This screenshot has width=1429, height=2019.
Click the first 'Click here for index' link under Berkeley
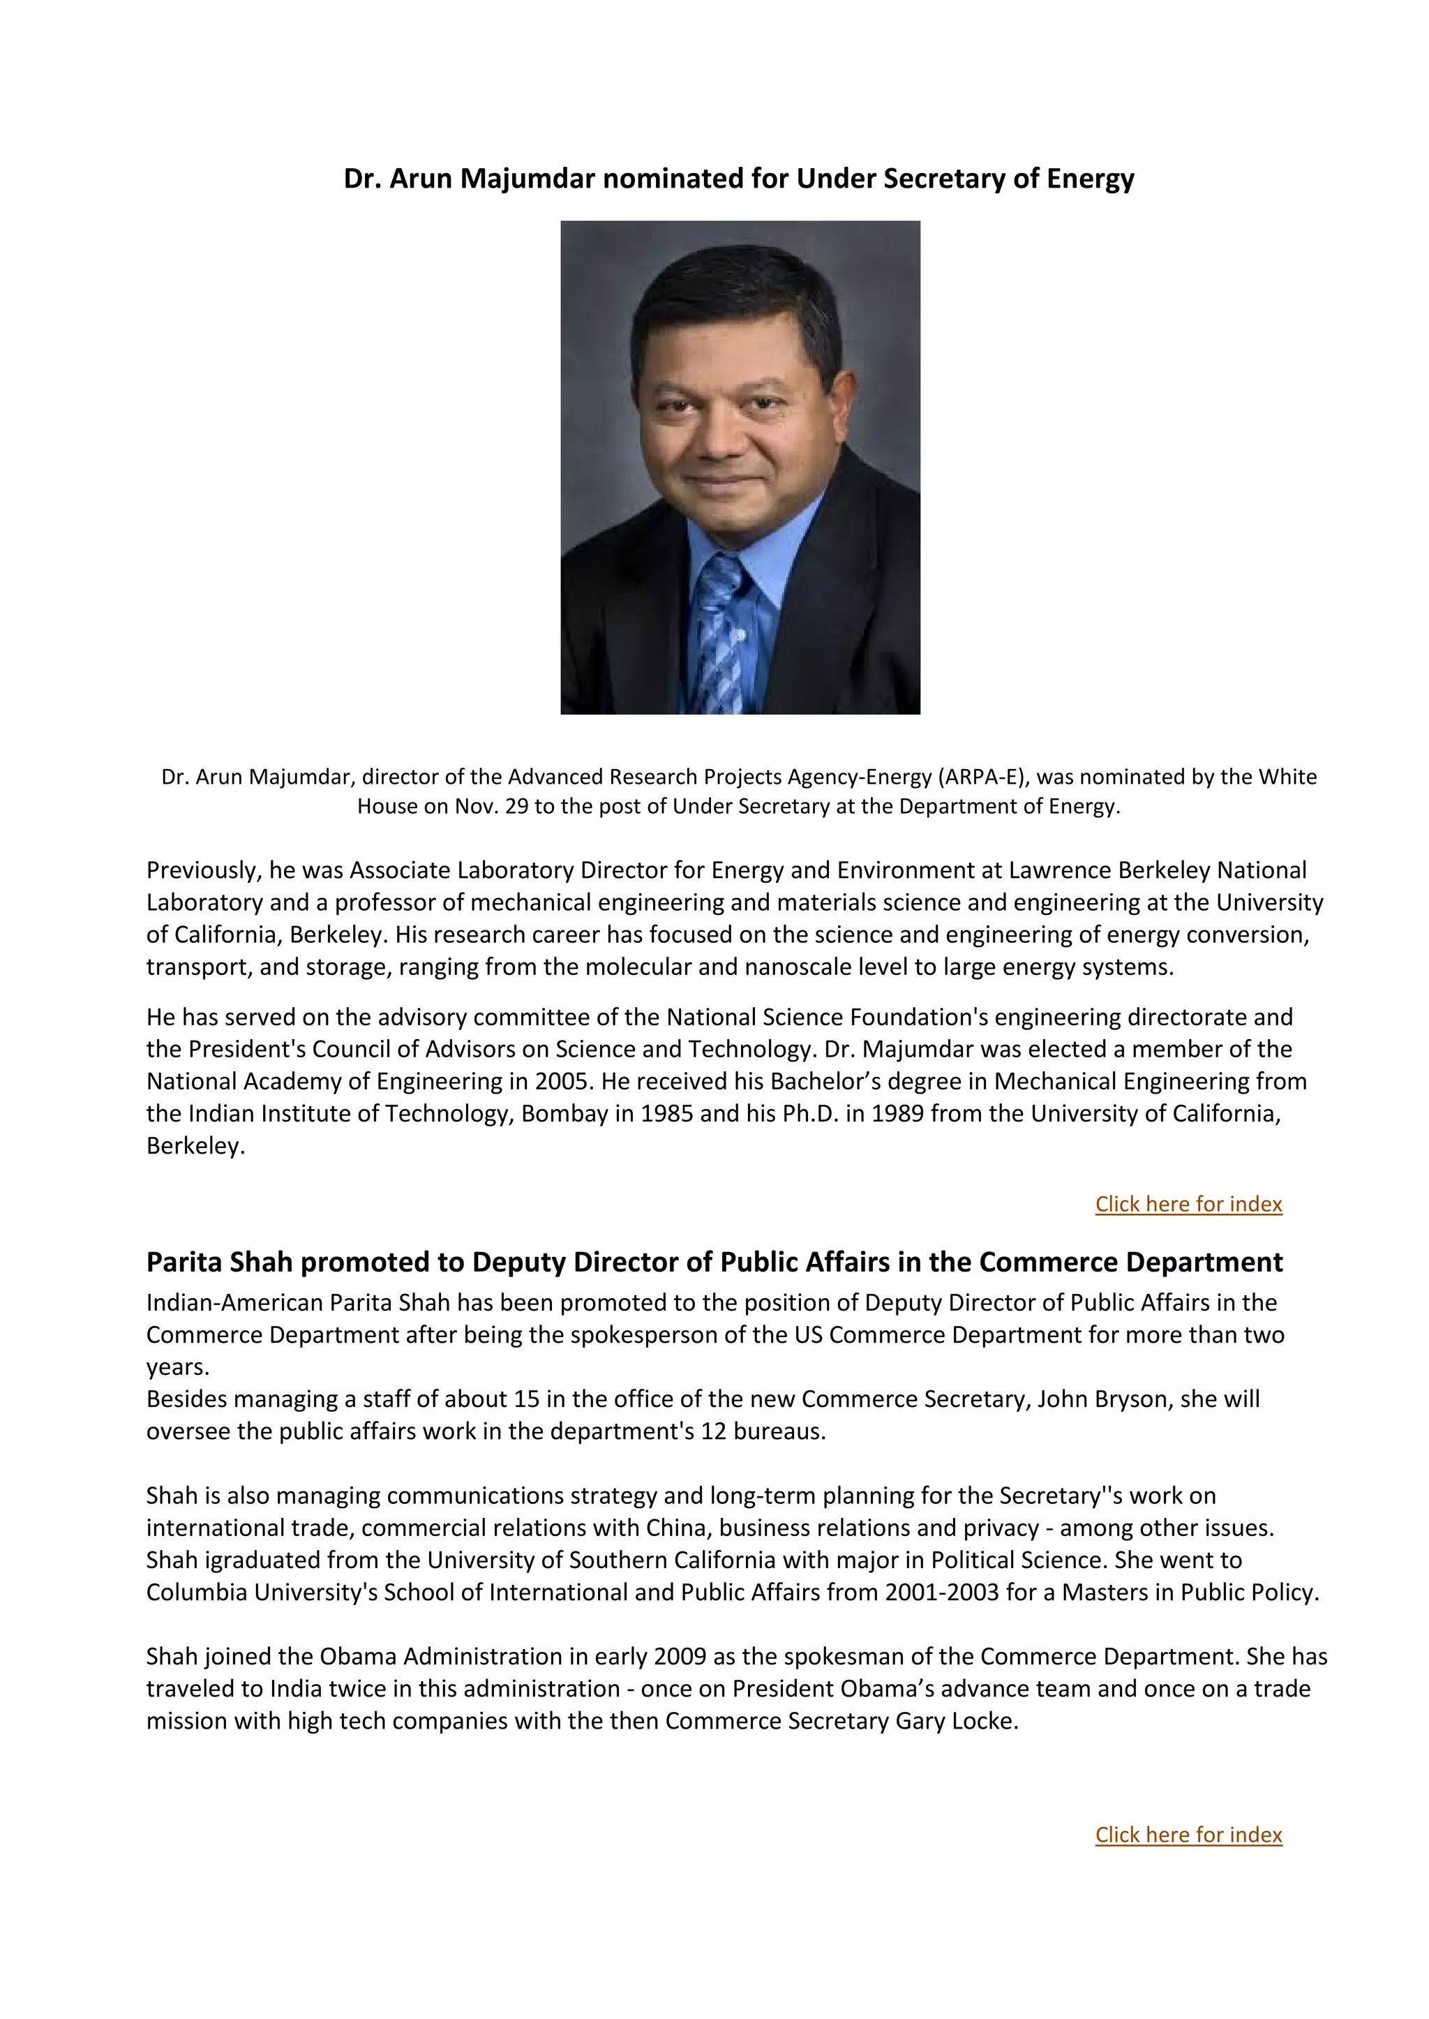coord(1188,1204)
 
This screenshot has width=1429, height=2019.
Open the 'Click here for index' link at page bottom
coord(1188,1834)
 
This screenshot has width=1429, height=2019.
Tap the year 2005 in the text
coord(562,1082)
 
